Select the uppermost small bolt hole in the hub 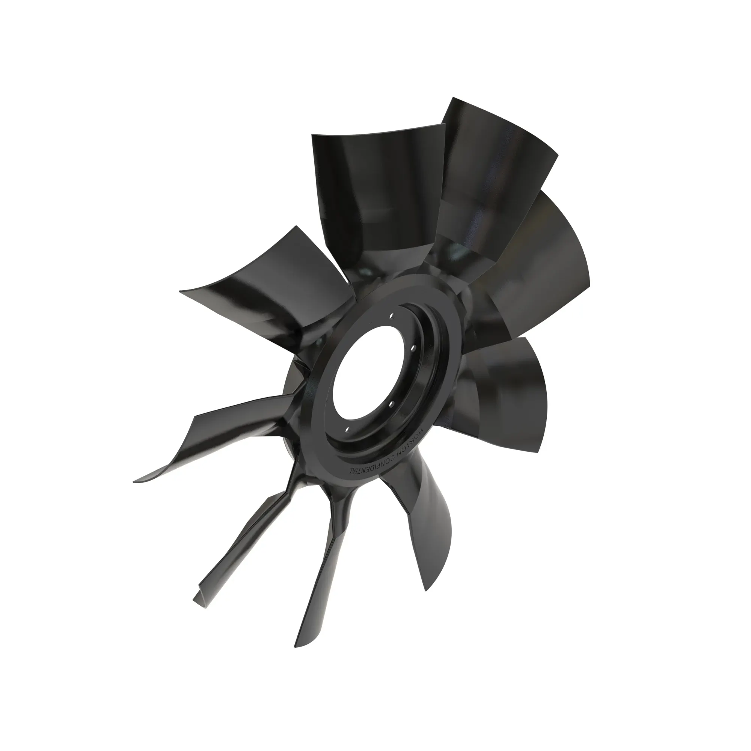coord(393,316)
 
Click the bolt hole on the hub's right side coord(413,348)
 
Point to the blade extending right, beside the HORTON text coord(505,400)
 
